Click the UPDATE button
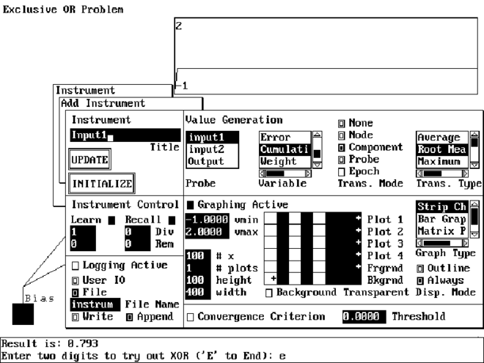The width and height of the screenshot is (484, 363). point(89,159)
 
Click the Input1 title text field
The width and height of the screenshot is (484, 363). point(125,135)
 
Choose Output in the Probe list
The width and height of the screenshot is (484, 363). point(205,161)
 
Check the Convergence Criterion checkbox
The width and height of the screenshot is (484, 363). point(191,317)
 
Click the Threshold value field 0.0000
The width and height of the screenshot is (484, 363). point(362,317)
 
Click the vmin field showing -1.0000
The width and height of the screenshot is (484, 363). point(202,219)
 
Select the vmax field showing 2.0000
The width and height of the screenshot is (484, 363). point(202,231)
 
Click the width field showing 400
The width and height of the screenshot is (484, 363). point(195,293)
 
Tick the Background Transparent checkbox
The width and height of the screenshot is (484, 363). point(269,293)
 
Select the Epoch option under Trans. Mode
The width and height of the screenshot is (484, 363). point(341,171)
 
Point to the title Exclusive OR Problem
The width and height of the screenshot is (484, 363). point(63,10)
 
